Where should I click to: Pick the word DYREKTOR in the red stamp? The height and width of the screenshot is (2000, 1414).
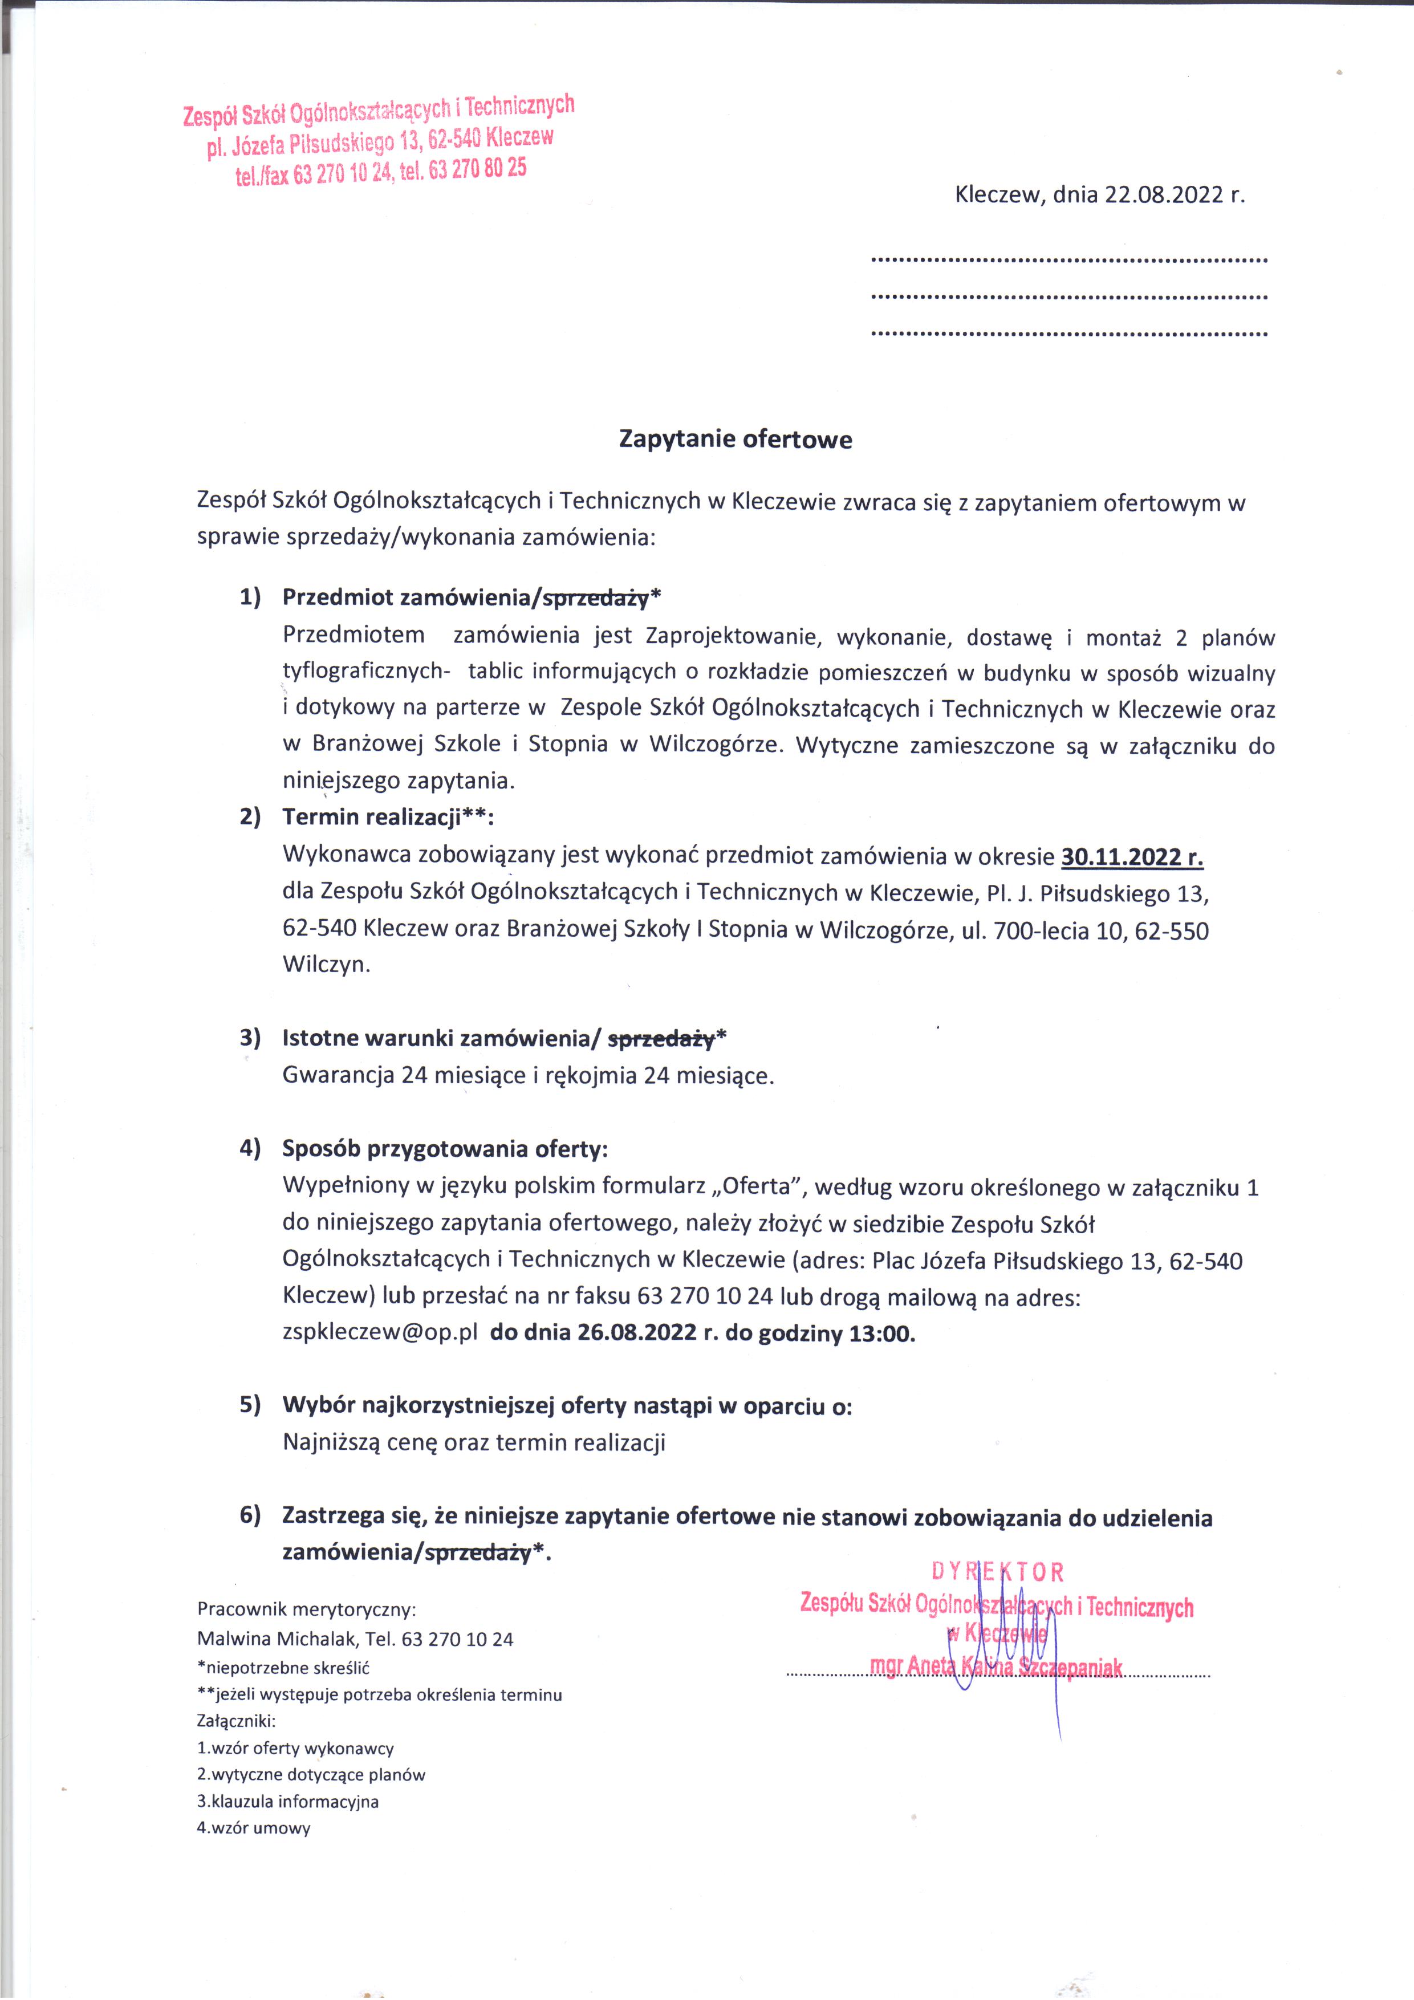998,1572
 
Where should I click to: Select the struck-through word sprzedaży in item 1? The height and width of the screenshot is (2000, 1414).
595,599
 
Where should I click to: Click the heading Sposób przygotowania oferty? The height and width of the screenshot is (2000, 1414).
444,1149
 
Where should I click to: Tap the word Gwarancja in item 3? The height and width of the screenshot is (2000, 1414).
338,1076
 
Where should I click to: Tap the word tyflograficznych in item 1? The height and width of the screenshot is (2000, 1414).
364,672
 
